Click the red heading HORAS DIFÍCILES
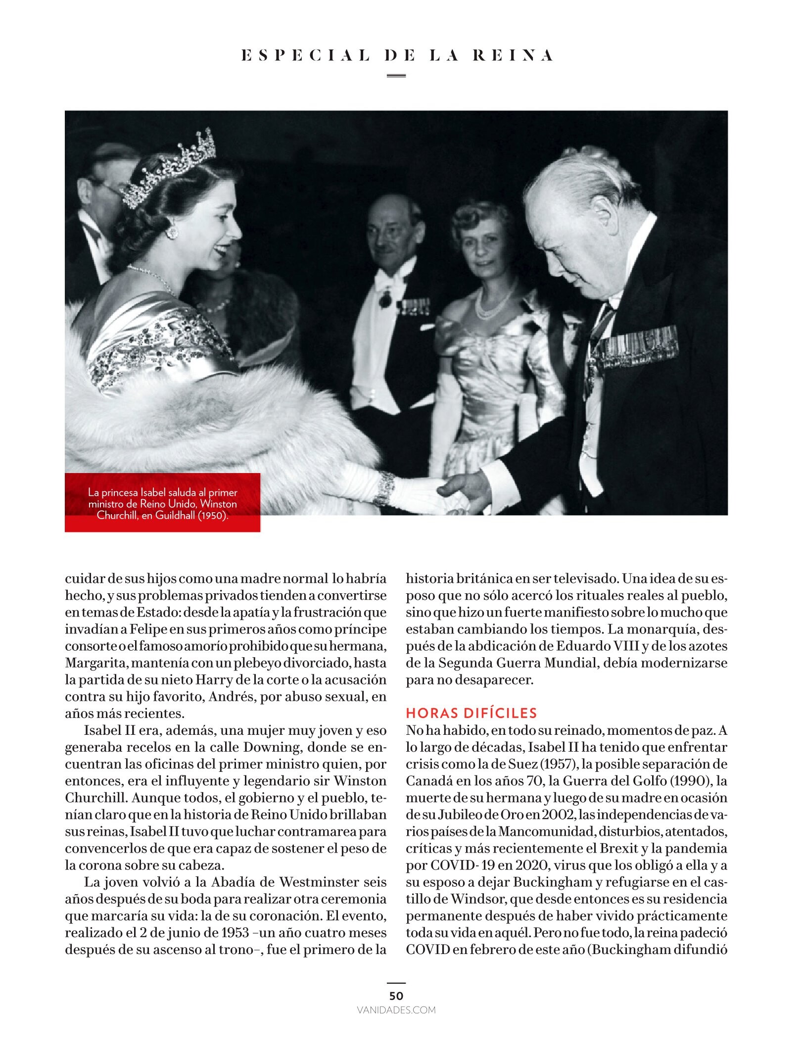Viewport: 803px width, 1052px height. (x=471, y=713)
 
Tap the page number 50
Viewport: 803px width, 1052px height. (x=396, y=996)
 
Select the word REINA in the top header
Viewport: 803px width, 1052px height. (x=513, y=55)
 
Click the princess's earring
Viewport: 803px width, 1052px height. (x=172, y=232)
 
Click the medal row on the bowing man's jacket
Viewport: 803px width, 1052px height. (x=636, y=346)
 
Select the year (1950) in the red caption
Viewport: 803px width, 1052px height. (x=213, y=515)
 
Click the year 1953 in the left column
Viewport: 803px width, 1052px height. (x=235, y=932)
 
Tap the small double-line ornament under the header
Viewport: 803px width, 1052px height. (x=396, y=76)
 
